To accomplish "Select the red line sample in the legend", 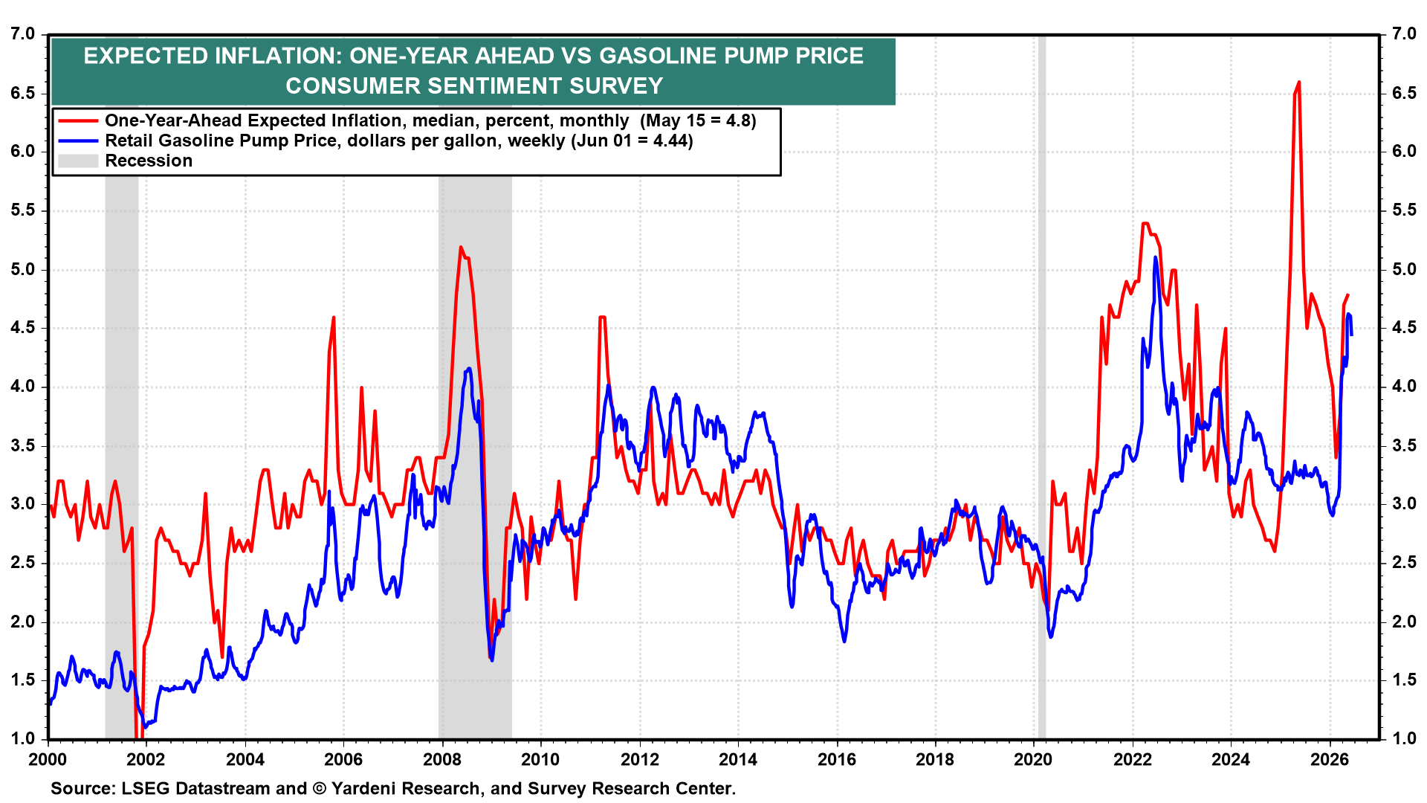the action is click(78, 120).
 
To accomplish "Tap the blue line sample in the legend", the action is click(78, 141).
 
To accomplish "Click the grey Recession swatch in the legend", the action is click(78, 161).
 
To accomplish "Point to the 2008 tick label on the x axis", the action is click(441, 759).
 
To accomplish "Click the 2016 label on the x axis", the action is click(836, 759).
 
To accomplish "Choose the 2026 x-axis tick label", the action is click(1329, 759).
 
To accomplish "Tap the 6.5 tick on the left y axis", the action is click(23, 93).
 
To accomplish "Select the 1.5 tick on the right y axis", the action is click(1404, 680).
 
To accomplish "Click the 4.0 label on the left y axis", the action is click(23, 387).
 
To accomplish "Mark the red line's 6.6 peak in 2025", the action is click(1298, 82).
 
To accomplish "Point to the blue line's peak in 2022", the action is click(1155, 257).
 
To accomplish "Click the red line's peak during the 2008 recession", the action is click(461, 247).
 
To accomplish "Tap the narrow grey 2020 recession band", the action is click(1042, 387).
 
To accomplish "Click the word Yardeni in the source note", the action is click(369, 789).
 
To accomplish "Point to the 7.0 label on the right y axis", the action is click(1404, 34).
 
